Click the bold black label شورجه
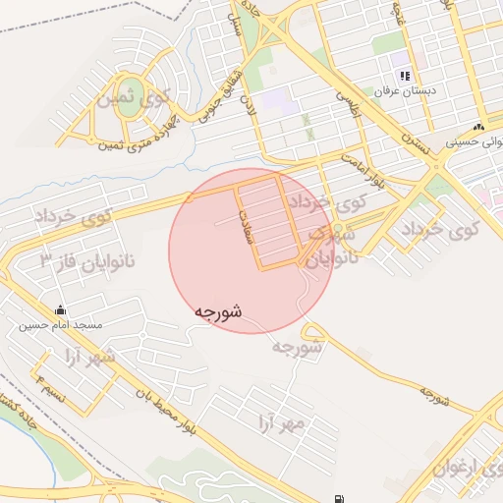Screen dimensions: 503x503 pyautogui.click(x=218, y=311)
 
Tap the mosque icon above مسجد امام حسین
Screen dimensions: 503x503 pyautogui.click(x=60, y=308)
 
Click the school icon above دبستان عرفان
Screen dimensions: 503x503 pyautogui.click(x=404, y=77)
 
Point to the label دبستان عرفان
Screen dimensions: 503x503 pyautogui.click(x=405, y=91)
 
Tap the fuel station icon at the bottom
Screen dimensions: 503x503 pyautogui.click(x=339, y=498)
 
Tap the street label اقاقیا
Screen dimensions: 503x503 pyautogui.click(x=349, y=103)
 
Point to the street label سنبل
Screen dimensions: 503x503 pyautogui.click(x=235, y=29)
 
